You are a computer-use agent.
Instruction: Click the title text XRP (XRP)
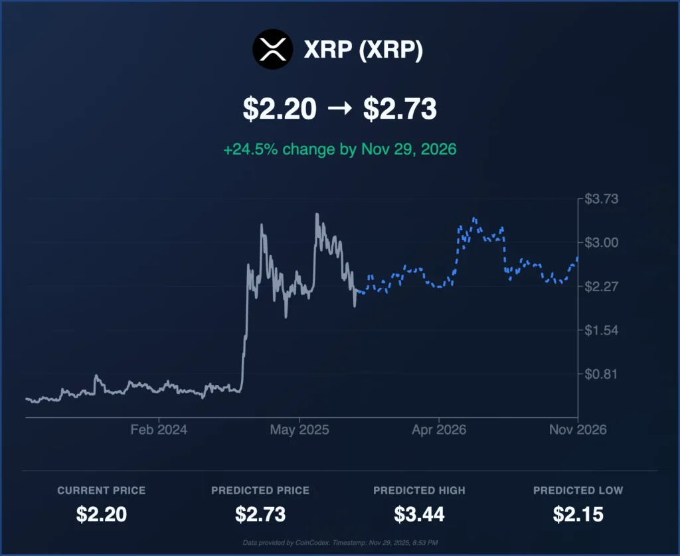tap(363, 51)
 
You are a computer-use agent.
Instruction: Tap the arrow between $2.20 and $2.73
tap(340, 109)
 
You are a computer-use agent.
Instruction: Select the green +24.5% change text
tap(339, 149)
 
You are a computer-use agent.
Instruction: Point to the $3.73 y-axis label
tap(602, 199)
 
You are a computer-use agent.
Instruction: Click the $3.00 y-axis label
tap(602, 243)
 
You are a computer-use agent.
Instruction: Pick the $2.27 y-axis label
tap(602, 287)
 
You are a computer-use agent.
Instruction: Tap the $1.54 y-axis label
tap(602, 330)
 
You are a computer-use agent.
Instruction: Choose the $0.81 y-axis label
tap(602, 374)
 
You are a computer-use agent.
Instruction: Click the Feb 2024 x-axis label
tap(159, 430)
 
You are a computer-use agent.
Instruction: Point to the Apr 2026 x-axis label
tap(439, 430)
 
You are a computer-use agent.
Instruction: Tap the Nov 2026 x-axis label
tap(578, 430)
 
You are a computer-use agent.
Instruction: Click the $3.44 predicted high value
tap(419, 514)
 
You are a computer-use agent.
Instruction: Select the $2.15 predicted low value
tap(578, 514)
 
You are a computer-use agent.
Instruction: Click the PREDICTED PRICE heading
tap(260, 490)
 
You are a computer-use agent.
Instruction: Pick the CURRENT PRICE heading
tap(101, 490)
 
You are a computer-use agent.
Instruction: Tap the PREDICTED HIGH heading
tap(419, 490)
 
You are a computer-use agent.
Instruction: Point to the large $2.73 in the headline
tap(399, 109)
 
